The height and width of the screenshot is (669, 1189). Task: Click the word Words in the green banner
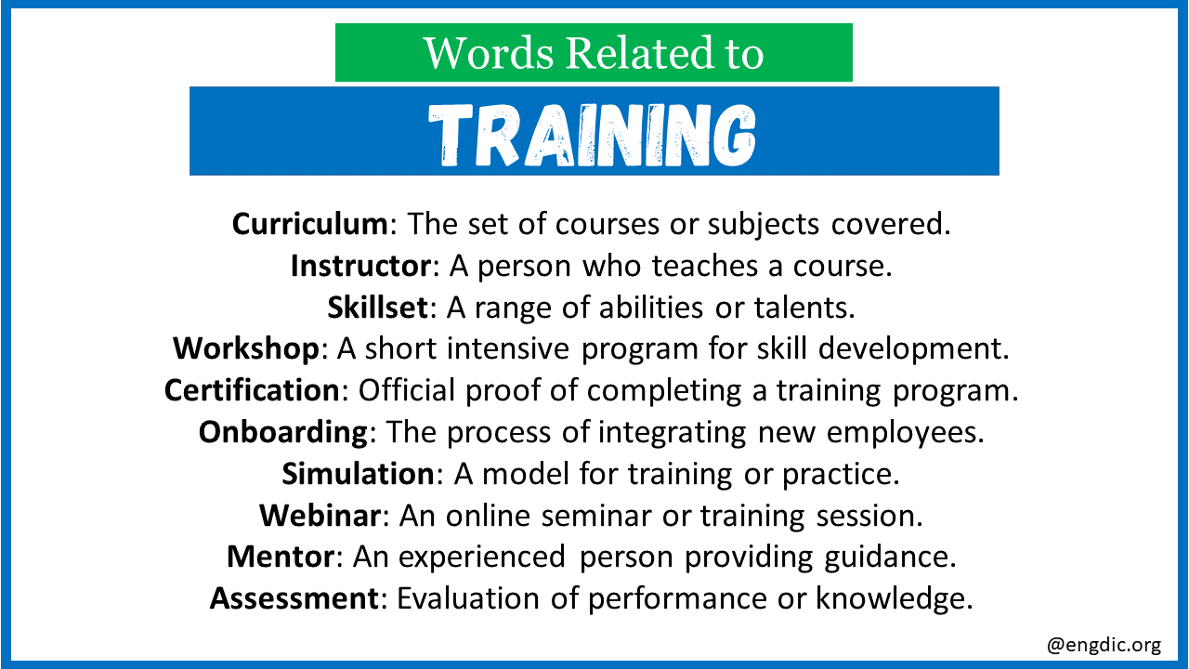click(489, 54)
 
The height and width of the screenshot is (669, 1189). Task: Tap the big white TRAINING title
click(592, 135)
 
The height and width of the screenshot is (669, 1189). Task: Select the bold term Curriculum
click(310, 224)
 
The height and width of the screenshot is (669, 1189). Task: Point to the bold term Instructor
click(361, 266)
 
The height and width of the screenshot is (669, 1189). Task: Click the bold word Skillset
click(377, 308)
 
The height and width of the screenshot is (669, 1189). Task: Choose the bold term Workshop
click(246, 348)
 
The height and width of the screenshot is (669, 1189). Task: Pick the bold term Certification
click(252, 390)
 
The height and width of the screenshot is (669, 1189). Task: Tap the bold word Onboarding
click(283, 432)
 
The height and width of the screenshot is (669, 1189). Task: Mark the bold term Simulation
click(359, 474)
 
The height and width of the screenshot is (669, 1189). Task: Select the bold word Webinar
click(320, 515)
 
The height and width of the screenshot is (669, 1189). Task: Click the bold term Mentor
click(281, 557)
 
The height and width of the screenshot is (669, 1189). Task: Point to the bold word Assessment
click(294, 598)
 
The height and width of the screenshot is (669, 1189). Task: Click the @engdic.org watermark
click(1104, 645)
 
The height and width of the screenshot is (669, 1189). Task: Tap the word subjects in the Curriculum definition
click(764, 225)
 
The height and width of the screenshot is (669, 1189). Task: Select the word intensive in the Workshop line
click(508, 348)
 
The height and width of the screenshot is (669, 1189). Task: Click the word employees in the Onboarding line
click(905, 433)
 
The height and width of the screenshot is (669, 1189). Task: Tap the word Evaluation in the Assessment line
click(468, 598)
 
